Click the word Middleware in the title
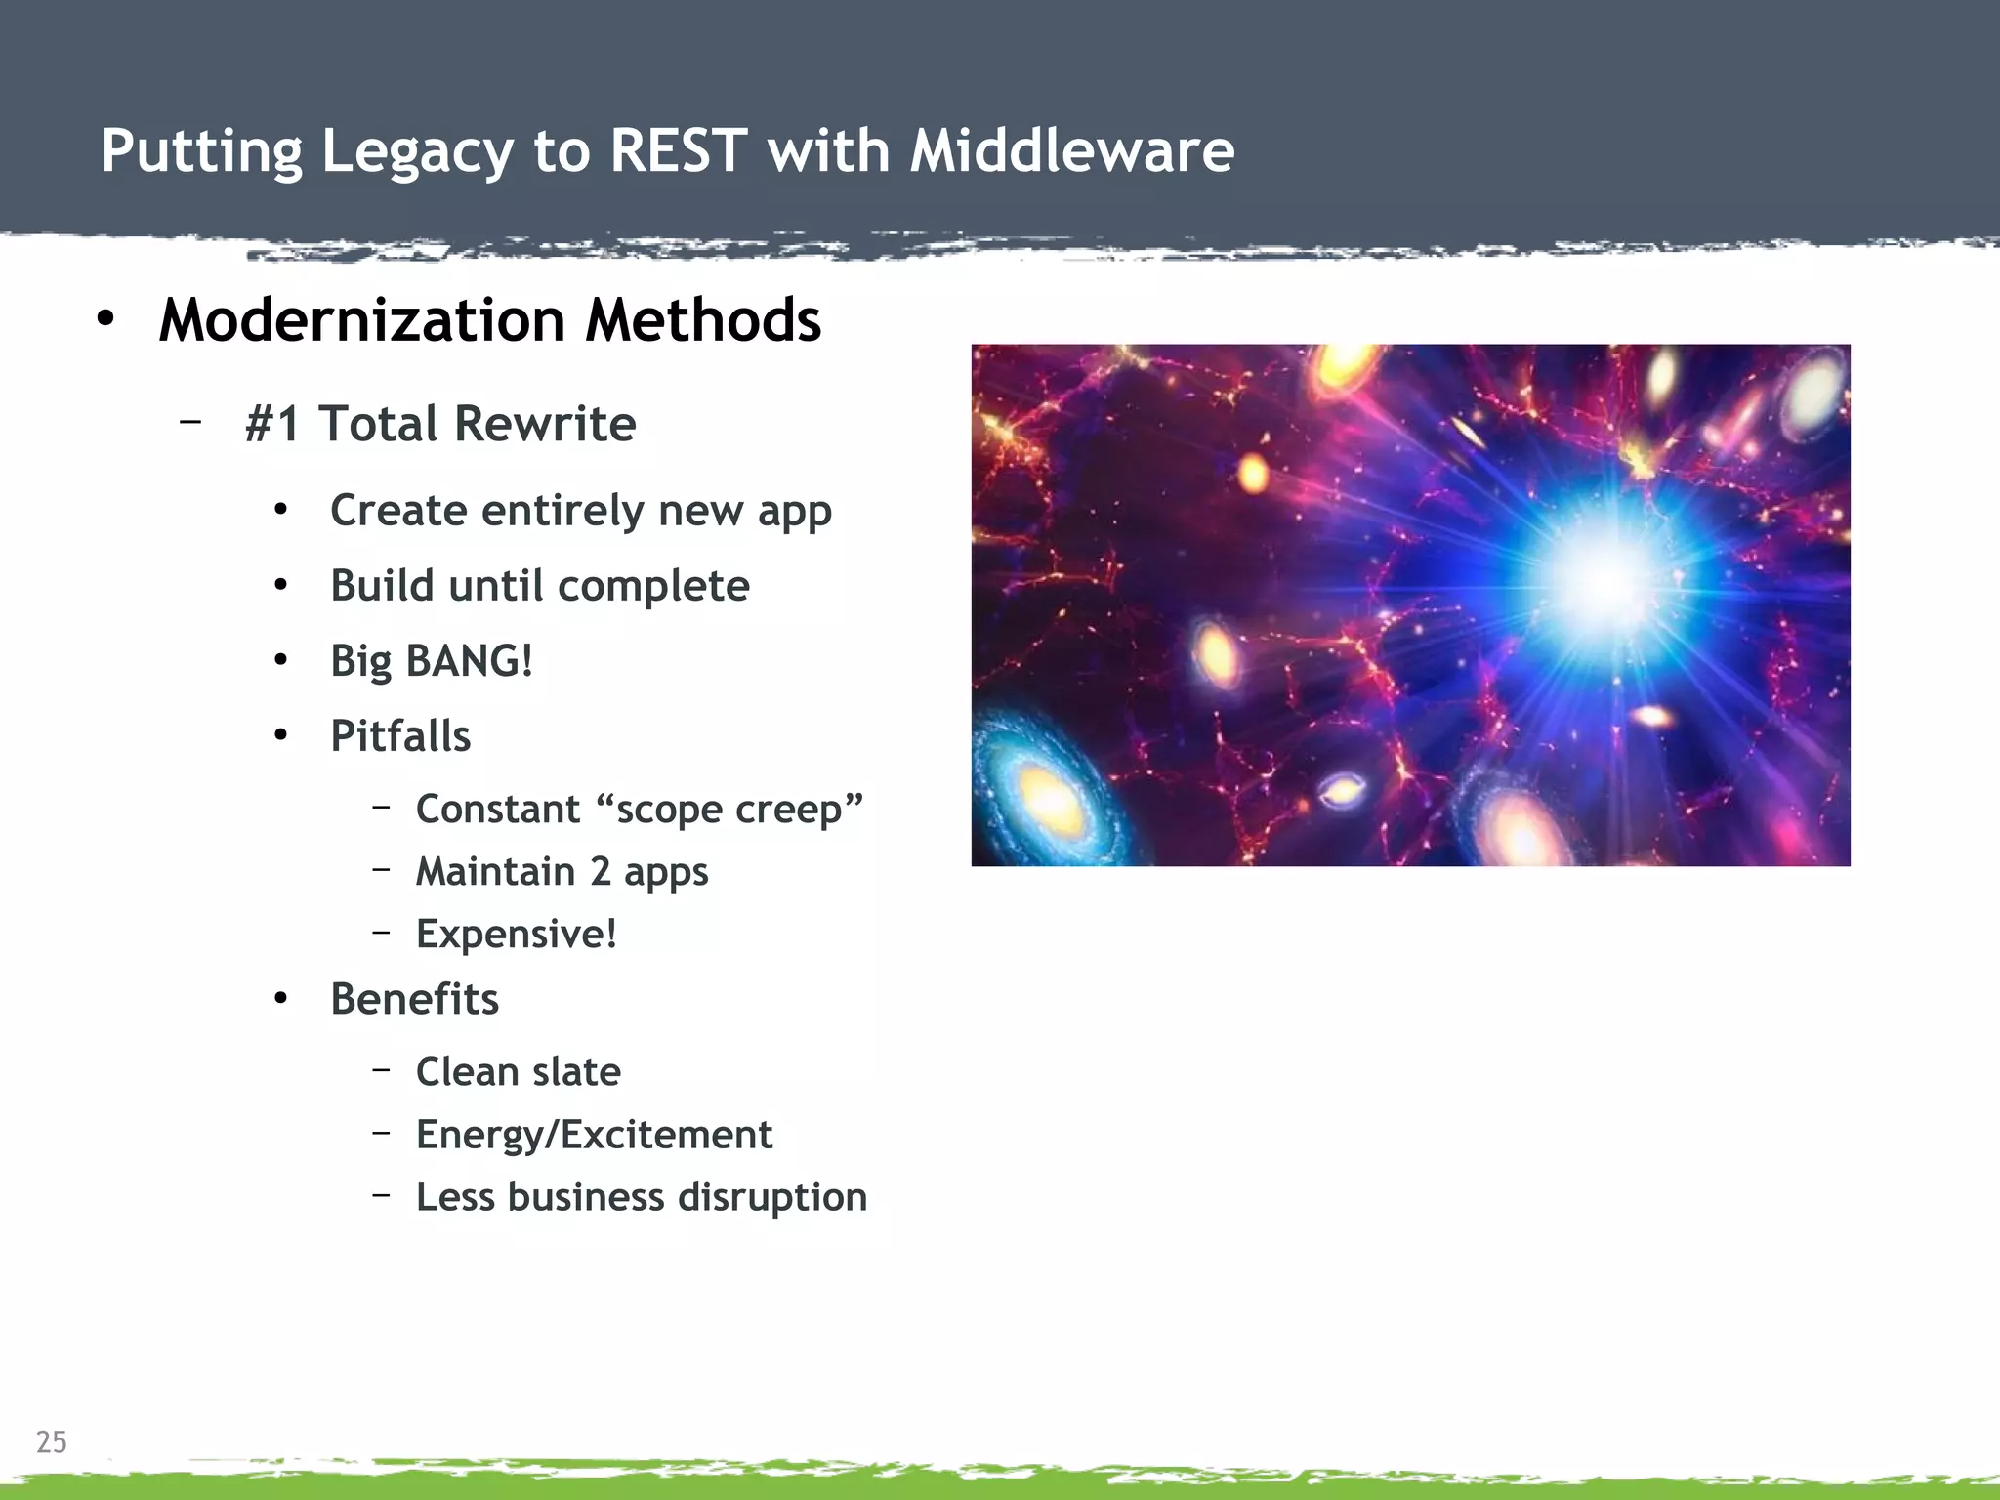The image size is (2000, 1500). [x=1071, y=151]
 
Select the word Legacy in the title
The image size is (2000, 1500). [x=416, y=153]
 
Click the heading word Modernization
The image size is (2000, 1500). [x=362, y=320]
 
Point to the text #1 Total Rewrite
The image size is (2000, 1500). [x=440, y=424]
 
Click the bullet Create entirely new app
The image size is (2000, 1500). [x=580, y=511]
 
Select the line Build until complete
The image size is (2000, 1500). [x=539, y=586]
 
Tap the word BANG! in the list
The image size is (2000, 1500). [x=469, y=661]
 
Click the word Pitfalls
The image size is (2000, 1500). [x=400, y=736]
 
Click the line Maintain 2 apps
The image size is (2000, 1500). [x=562, y=872]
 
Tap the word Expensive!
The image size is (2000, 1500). [x=517, y=935]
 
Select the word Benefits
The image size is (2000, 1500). [x=414, y=999]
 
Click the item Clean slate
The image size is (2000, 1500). [x=518, y=1072]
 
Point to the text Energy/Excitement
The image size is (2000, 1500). [x=594, y=1135]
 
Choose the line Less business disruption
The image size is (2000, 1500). [x=641, y=1197]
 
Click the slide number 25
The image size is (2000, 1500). [x=52, y=1441]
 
